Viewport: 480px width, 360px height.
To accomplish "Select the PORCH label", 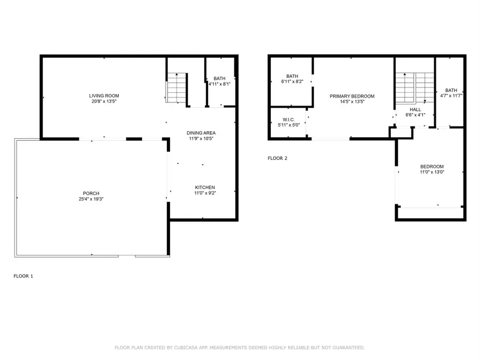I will tap(91, 193).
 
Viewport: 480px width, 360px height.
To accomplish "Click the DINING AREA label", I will tap(201, 133).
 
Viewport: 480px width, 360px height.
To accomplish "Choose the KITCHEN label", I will tap(205, 187).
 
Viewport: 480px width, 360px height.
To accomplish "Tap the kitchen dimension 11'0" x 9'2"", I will tap(205, 193).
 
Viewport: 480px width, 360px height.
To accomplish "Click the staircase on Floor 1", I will tap(176, 89).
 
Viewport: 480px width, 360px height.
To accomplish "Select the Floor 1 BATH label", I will tap(219, 78).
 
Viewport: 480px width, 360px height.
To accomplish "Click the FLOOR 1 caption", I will tap(23, 276).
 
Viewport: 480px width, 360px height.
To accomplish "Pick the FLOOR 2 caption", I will tap(277, 158).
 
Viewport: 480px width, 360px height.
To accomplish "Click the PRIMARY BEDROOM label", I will tap(352, 96).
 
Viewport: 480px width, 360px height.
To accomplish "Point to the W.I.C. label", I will tap(289, 119).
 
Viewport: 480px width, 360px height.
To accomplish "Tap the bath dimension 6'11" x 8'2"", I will tap(292, 82).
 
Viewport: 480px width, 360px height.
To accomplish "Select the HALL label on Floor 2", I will tap(415, 109).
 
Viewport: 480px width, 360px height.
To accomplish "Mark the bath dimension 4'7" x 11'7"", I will tap(451, 96).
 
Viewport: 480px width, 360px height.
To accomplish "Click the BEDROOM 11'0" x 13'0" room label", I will tap(432, 166).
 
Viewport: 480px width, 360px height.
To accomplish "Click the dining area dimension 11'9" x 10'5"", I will tap(201, 139).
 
